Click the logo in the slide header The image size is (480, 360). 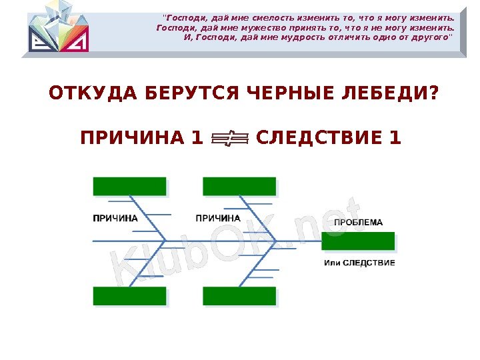coord(57,27)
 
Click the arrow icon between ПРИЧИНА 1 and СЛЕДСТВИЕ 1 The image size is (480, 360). coord(229,139)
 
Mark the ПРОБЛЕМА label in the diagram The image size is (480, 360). coord(358,223)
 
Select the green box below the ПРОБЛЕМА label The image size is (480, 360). coord(358,241)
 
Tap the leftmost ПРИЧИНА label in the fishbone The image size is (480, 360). coord(115,218)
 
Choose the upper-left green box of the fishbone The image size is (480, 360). coord(129,187)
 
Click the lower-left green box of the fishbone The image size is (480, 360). coord(129,296)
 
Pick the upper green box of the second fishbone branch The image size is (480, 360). coord(239,187)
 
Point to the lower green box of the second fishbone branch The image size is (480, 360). coord(239,296)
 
